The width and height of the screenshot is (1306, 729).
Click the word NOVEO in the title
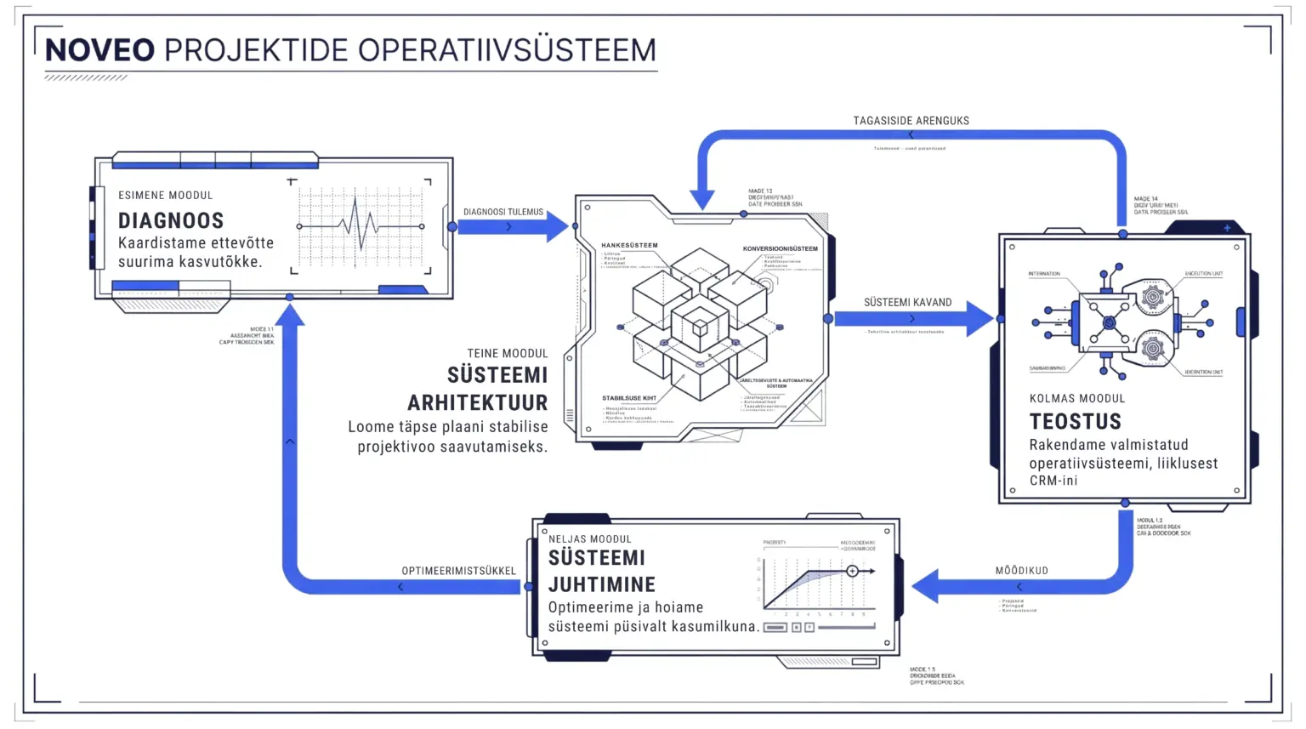(x=99, y=50)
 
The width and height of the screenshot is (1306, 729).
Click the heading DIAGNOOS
(x=171, y=221)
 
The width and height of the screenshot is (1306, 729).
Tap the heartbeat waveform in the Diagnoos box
(x=361, y=226)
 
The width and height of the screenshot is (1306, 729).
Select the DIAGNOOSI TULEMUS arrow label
(x=503, y=213)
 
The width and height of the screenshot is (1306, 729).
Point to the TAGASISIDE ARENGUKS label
(x=911, y=121)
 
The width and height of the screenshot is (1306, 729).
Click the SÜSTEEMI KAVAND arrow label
(x=907, y=302)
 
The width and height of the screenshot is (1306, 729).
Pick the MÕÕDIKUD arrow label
(x=1021, y=571)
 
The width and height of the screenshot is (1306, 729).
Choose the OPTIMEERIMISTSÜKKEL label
(x=458, y=571)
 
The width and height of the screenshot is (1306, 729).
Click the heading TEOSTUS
(x=1075, y=422)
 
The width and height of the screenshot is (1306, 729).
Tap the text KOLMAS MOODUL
(x=1076, y=398)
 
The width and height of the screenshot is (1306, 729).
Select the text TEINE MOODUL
(x=507, y=353)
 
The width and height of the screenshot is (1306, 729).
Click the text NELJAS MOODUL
(x=589, y=538)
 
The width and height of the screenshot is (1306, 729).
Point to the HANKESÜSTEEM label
(x=629, y=245)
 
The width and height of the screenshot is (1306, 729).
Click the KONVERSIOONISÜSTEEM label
(x=780, y=248)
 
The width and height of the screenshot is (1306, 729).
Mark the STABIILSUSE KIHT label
(x=629, y=398)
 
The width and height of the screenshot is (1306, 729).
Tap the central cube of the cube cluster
(x=700, y=326)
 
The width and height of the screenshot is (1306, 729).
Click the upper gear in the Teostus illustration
(x=1152, y=297)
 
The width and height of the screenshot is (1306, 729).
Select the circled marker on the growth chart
(x=852, y=571)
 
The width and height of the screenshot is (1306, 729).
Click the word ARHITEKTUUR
(x=477, y=402)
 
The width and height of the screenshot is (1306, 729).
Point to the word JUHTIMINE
(x=601, y=584)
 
